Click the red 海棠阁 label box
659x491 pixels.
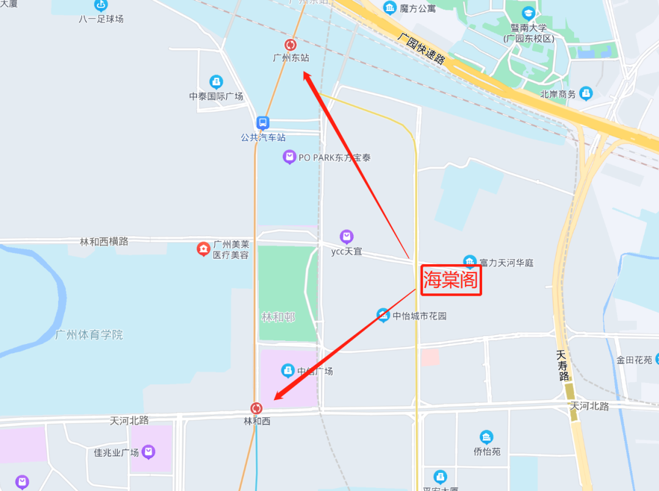point(452,280)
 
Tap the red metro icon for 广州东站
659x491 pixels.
point(290,45)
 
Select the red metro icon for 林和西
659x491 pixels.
point(256,408)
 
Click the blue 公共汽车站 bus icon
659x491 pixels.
point(262,123)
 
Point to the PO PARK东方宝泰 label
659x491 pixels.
point(334,157)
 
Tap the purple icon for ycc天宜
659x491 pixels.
point(347,236)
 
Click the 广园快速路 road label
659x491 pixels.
point(421,48)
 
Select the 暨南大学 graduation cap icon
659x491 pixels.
point(528,13)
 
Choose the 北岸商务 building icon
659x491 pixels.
point(586,93)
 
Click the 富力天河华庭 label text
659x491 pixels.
point(506,263)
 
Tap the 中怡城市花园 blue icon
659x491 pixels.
point(383,315)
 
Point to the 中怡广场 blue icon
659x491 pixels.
point(287,370)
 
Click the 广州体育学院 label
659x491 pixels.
point(88,335)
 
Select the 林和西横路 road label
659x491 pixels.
point(104,242)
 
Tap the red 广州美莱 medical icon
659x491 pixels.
point(203,249)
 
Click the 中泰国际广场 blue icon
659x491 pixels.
point(215,82)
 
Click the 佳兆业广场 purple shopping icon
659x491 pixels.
point(148,452)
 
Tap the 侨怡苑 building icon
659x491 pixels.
point(486,437)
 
